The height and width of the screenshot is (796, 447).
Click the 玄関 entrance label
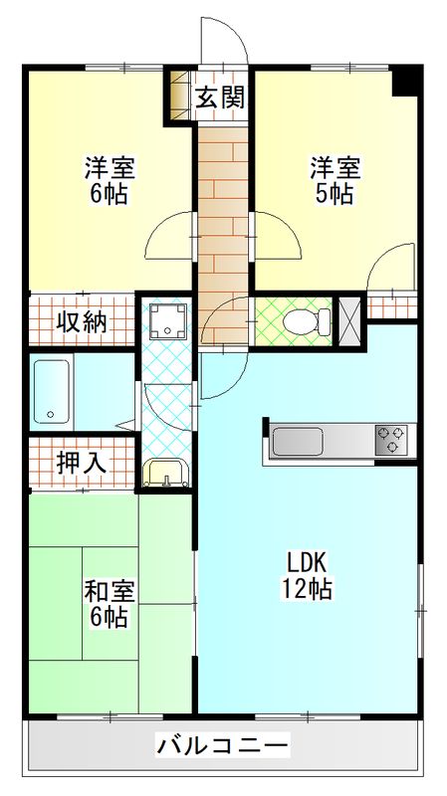click(220, 98)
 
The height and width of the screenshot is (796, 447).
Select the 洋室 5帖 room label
click(334, 180)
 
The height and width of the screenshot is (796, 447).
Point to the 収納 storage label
click(81, 321)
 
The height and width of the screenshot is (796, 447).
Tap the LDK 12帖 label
click(307, 573)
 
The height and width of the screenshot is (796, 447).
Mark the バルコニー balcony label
click(222, 745)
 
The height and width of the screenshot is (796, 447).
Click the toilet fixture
click(308, 321)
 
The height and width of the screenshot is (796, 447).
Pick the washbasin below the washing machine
click(164, 474)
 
